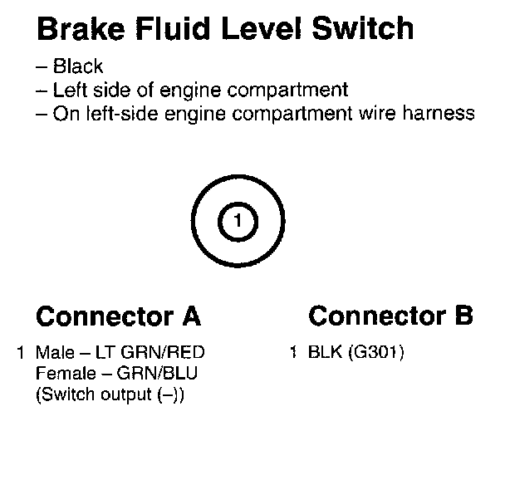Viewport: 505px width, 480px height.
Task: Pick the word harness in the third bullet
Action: coord(442,113)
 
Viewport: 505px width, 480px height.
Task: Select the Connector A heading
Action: coord(118,316)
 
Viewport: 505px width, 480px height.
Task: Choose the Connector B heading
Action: coord(390,316)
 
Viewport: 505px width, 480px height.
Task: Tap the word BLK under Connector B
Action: coord(324,352)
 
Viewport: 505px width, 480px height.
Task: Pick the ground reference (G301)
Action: coord(376,352)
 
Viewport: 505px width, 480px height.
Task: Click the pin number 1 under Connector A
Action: coord(21,352)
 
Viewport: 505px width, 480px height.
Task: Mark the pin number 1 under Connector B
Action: coord(293,352)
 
